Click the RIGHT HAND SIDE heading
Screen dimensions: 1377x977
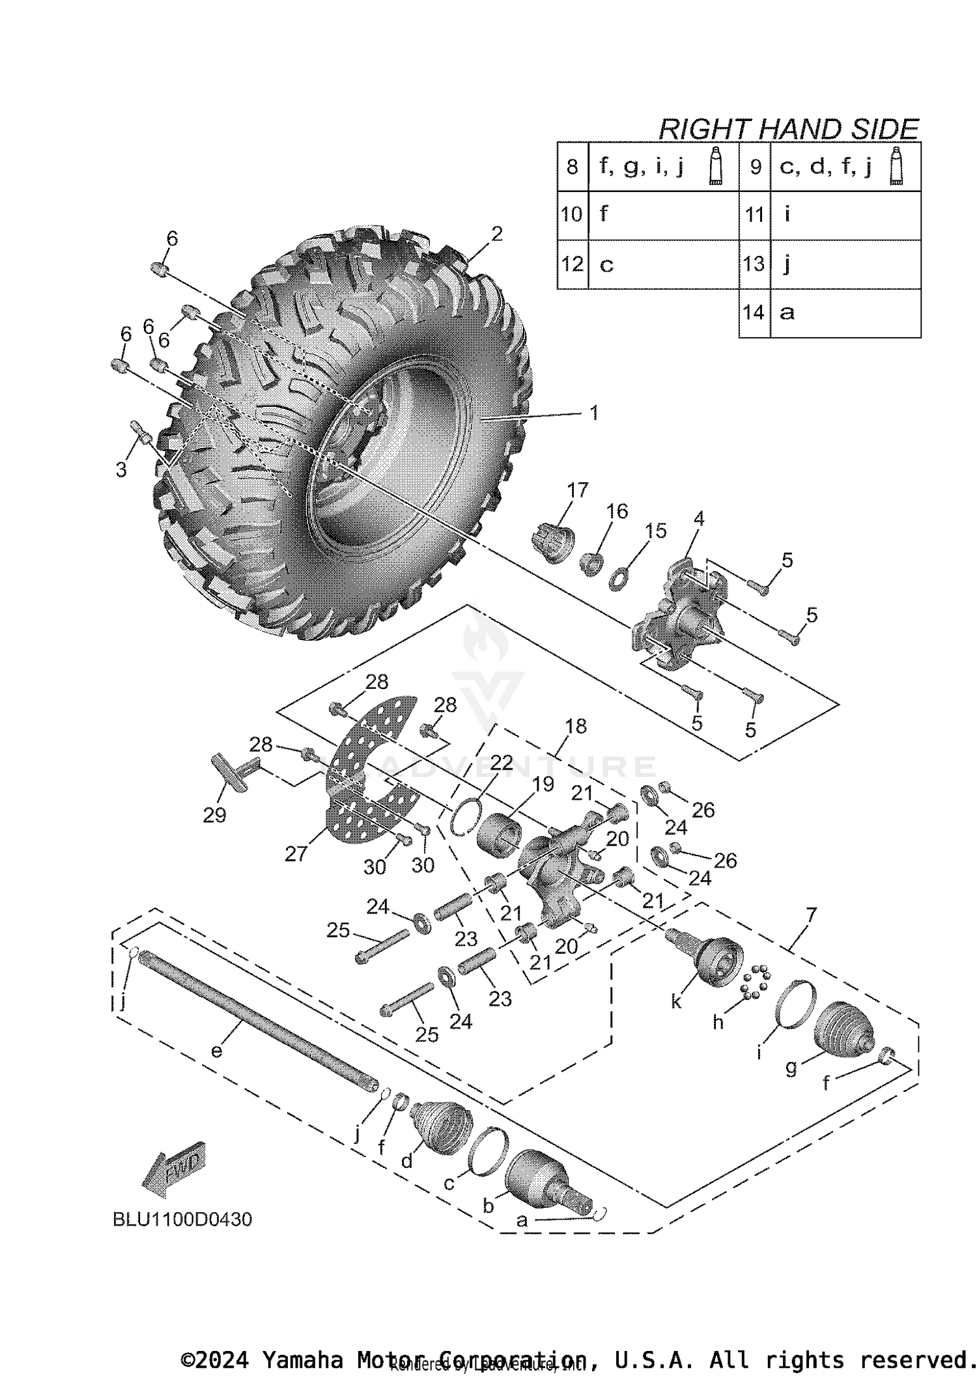pos(788,129)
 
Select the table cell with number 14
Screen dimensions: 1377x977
pos(754,313)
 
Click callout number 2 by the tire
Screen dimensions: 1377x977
pos(497,234)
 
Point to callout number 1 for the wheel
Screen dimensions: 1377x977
pos(593,413)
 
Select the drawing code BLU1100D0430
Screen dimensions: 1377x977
pos(182,1219)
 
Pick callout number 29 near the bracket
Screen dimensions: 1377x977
pos(214,814)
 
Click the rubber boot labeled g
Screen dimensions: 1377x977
pos(843,1031)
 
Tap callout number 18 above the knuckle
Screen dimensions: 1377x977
pos(576,726)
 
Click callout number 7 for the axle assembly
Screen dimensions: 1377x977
pos(810,915)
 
